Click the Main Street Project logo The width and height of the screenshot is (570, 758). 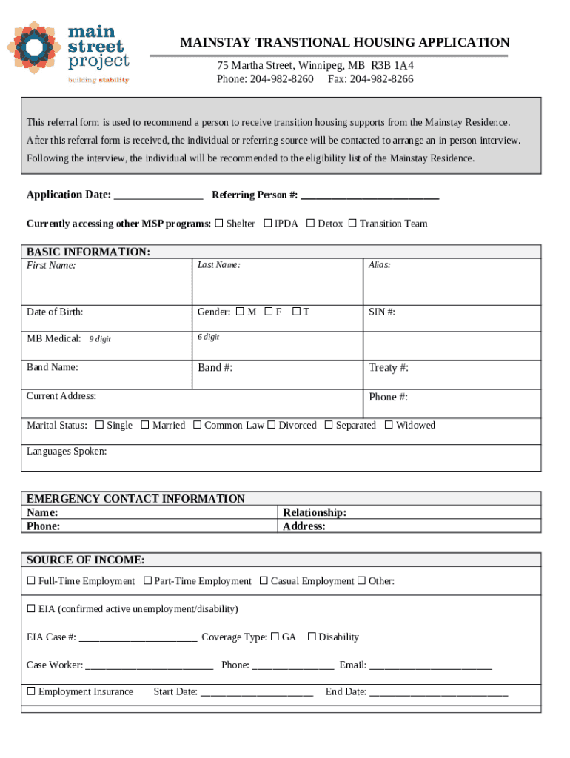click(69, 50)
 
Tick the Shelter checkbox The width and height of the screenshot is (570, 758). click(218, 224)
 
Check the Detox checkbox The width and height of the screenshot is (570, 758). click(310, 224)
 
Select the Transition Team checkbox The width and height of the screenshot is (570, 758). click(352, 224)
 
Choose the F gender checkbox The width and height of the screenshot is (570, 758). click(268, 312)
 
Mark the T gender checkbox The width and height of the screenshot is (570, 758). click(295, 312)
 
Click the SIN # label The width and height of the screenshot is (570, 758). click(382, 312)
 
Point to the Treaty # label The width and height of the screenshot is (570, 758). click(389, 368)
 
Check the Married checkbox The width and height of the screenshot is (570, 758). click(145, 425)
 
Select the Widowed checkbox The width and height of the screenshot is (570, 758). click(388, 425)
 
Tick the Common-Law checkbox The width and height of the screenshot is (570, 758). click(197, 425)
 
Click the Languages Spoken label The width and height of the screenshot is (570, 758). click(67, 451)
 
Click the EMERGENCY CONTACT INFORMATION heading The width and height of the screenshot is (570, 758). click(135, 499)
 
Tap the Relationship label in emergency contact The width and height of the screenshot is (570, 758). click(315, 512)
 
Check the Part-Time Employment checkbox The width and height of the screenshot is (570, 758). click(147, 581)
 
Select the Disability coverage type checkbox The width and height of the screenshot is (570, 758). click(312, 637)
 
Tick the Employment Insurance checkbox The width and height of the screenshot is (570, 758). click(31, 691)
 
